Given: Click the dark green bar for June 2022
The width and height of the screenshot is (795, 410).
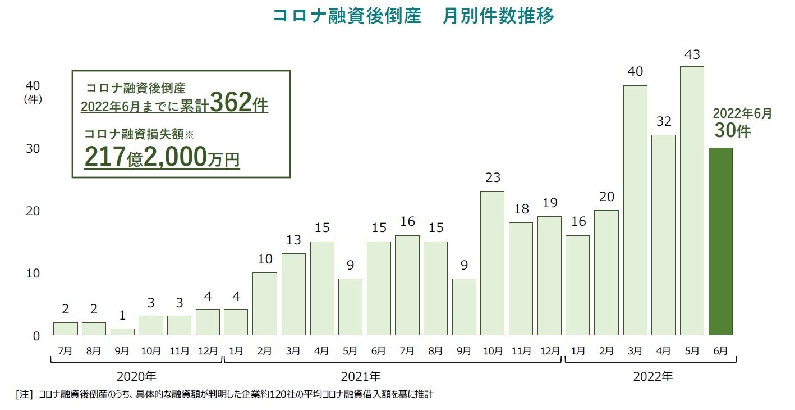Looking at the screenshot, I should click(x=720, y=242).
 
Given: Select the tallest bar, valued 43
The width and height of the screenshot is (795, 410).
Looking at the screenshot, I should click(x=692, y=201).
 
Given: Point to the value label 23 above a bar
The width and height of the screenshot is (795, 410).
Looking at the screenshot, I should click(x=492, y=178).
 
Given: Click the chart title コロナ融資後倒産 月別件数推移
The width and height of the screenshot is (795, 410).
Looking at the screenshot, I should click(x=413, y=16).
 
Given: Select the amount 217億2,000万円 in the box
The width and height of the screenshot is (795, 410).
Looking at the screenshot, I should click(x=162, y=157).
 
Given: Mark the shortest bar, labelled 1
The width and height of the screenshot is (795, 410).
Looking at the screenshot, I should click(x=122, y=332).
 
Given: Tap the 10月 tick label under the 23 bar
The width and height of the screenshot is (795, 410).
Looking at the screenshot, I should click(x=492, y=350).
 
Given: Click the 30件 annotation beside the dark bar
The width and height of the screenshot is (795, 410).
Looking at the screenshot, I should click(x=732, y=130).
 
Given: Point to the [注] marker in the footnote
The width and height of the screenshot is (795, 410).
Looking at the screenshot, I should click(x=25, y=394).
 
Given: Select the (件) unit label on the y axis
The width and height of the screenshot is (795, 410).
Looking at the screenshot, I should click(x=32, y=99).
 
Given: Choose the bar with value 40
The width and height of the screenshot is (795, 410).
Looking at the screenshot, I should click(x=635, y=211).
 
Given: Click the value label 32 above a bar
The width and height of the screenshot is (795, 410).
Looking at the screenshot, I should click(x=663, y=121).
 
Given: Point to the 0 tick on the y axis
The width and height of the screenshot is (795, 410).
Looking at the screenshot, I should click(x=36, y=336).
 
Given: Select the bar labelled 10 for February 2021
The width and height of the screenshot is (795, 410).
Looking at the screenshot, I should click(x=264, y=304).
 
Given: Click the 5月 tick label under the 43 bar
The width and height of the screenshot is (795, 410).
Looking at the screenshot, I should click(x=692, y=350).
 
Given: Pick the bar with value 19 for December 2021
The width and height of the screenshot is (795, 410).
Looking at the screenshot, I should click(x=549, y=276).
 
